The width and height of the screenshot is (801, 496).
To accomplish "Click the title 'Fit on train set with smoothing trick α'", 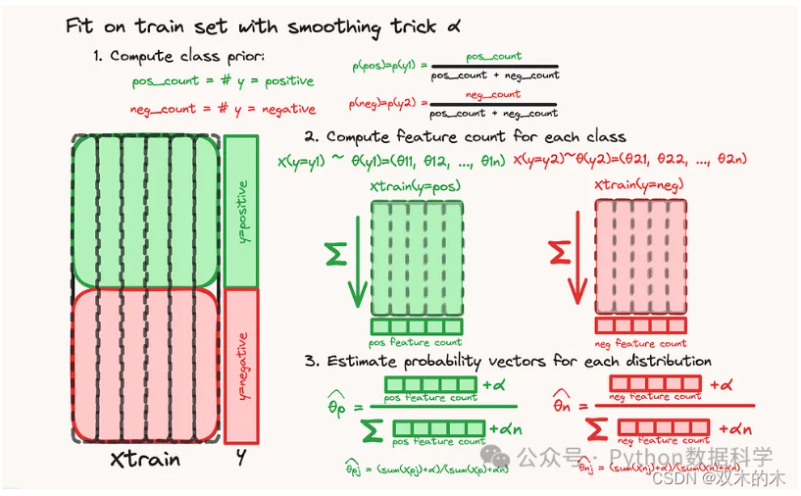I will coord(263,25).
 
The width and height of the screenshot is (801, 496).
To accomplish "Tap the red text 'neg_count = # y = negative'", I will coord(223,109).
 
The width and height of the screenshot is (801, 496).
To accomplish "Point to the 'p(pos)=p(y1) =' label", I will coord(389,67).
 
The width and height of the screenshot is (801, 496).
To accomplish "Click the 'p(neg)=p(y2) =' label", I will coord(389,103).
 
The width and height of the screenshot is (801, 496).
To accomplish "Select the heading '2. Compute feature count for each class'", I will coord(465,136).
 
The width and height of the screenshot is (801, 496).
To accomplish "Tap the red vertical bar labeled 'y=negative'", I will coord(242,365).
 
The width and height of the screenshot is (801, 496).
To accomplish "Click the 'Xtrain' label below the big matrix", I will coord(145,459).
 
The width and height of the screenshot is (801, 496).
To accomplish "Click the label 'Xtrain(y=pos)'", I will coord(415,186).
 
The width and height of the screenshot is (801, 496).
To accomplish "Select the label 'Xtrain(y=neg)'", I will coord(639,186).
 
